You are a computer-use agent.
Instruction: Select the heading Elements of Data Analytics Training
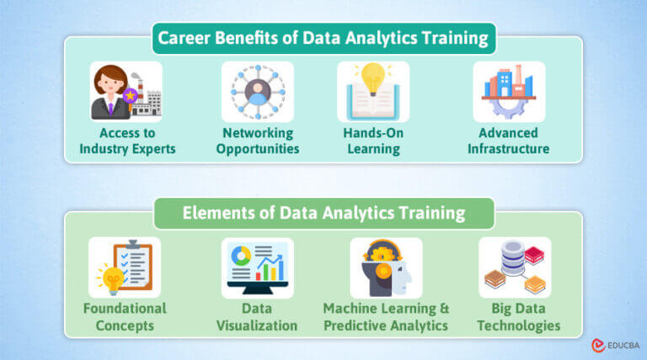pos(323,212)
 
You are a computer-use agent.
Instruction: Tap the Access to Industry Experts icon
pos(126,92)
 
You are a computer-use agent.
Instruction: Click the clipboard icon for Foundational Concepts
pos(124,266)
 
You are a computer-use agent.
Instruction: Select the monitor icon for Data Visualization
pos(257,267)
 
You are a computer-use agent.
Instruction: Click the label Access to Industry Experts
pos(127,141)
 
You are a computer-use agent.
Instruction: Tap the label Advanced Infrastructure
pos(510,141)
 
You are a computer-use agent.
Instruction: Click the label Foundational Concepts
pos(124,316)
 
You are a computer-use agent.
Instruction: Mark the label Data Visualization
pos(257,316)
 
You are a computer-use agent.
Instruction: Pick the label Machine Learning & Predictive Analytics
pos(386,316)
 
